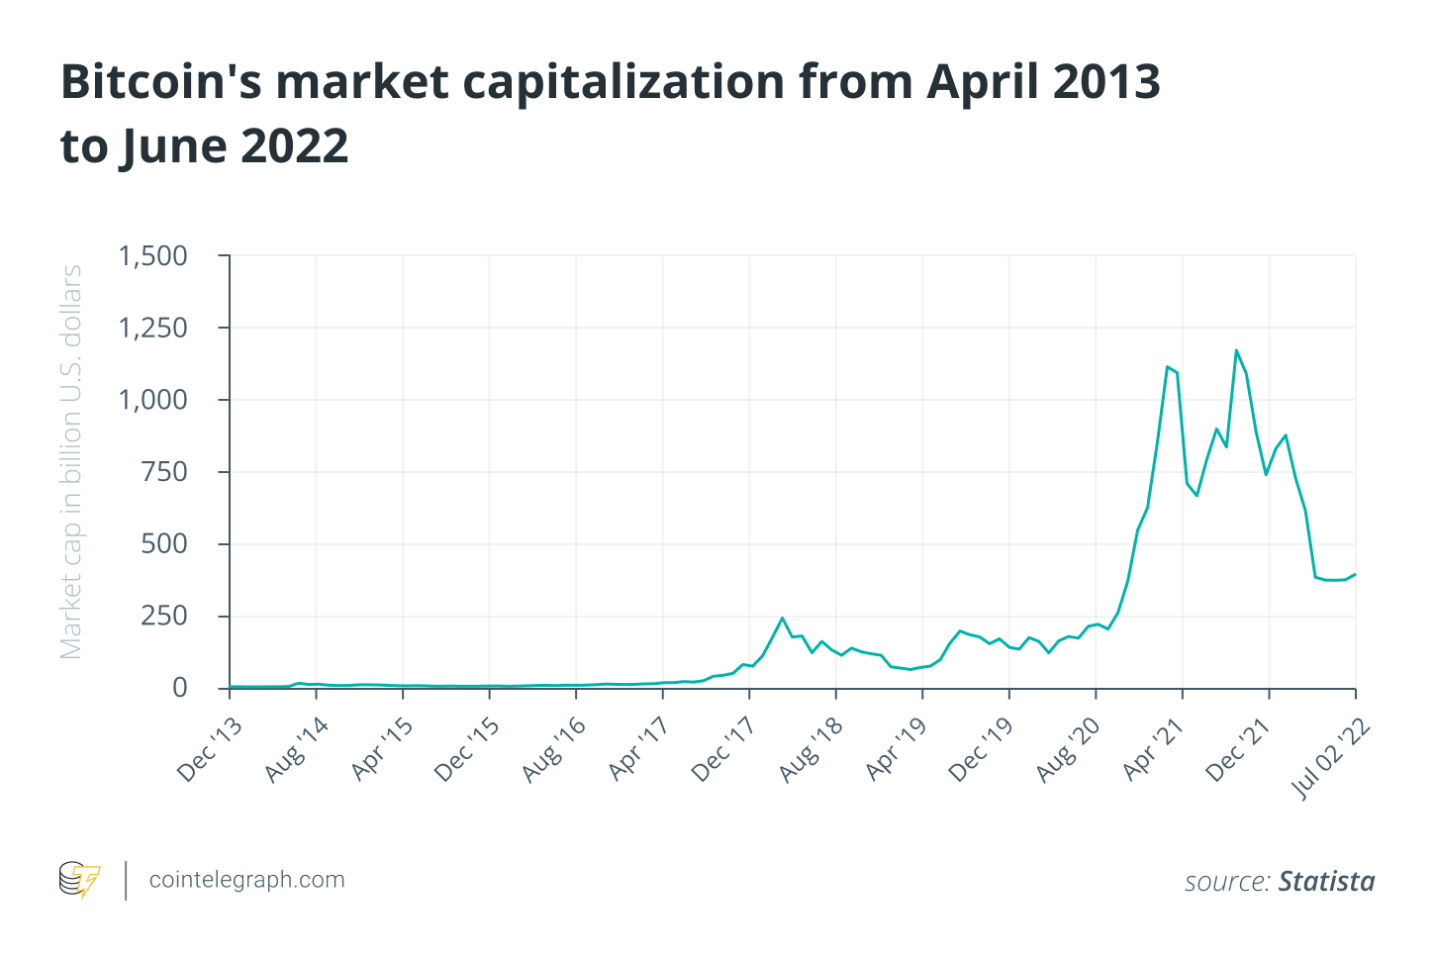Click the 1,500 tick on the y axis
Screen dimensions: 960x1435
click(x=153, y=256)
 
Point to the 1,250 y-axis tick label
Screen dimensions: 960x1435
click(x=153, y=329)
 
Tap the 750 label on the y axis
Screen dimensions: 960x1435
click(x=164, y=472)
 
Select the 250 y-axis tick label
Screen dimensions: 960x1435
click(x=164, y=616)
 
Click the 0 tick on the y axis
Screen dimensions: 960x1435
click(x=179, y=688)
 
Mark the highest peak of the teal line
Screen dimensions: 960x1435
click(x=1236, y=349)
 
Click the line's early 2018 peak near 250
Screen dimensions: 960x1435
click(x=782, y=618)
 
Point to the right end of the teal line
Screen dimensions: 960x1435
click(x=1355, y=574)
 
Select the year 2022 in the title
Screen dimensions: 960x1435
click(x=294, y=146)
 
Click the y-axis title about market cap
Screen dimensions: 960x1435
click(x=71, y=462)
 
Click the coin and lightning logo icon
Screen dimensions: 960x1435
click(x=80, y=880)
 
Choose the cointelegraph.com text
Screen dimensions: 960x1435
click(x=246, y=880)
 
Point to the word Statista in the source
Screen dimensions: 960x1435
click(x=1326, y=881)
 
